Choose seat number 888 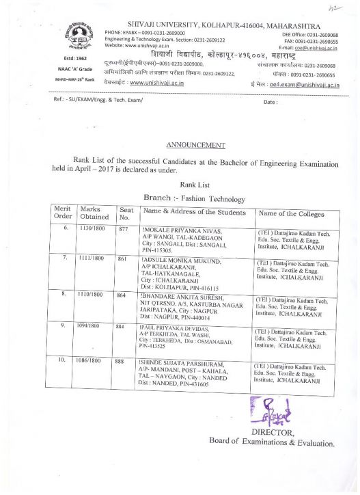[124, 358]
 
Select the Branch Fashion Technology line [194, 198]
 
